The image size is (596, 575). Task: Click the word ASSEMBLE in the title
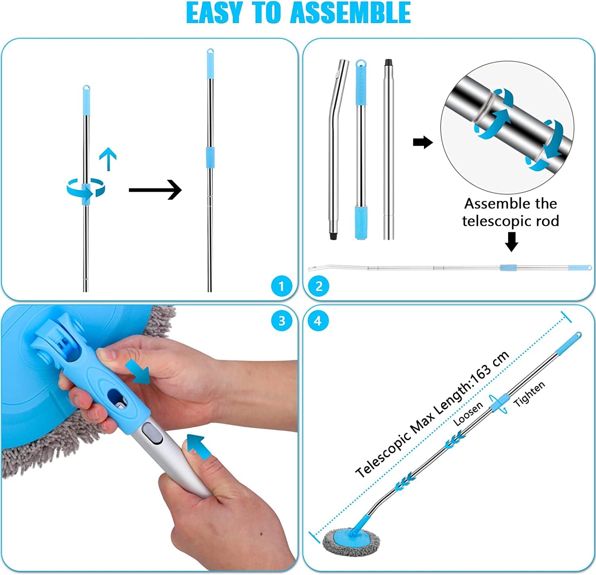click(x=350, y=13)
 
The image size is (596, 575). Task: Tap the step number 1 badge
click(x=281, y=286)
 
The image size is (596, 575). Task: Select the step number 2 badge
click(x=319, y=286)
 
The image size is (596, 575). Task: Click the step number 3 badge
click(x=282, y=320)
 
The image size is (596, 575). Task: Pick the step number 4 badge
click(x=318, y=320)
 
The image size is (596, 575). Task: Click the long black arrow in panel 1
click(x=155, y=190)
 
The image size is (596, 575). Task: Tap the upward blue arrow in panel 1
click(x=108, y=158)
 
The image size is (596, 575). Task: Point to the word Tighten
click(x=529, y=394)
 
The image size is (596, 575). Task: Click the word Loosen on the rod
click(x=468, y=414)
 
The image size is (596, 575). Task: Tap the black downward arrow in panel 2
click(x=511, y=241)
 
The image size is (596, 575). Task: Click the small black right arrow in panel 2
click(x=422, y=142)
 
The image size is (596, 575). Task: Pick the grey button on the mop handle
click(x=153, y=433)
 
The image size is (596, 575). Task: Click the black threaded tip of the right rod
click(x=388, y=63)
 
